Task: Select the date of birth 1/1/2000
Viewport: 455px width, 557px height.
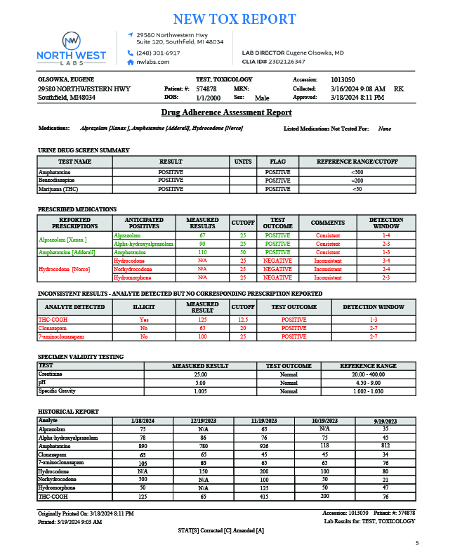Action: pos(208,98)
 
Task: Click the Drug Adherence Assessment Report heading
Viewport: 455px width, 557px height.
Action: pos(226,112)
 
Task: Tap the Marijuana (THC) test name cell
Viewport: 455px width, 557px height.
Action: pos(58,189)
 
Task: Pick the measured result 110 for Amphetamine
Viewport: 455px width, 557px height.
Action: pos(202,252)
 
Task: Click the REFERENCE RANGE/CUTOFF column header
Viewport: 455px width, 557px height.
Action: pos(357,162)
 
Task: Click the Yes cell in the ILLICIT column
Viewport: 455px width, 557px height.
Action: pos(144,320)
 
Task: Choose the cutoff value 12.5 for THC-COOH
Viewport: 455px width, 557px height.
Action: pos(243,320)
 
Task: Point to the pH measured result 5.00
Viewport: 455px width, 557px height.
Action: pos(200,383)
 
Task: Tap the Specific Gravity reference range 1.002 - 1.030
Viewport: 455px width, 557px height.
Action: pos(368,391)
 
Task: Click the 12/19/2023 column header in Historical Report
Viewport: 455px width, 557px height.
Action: pos(203,420)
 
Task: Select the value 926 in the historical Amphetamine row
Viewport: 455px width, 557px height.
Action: pos(264,446)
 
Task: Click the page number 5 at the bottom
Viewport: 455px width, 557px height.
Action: pos(416,543)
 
